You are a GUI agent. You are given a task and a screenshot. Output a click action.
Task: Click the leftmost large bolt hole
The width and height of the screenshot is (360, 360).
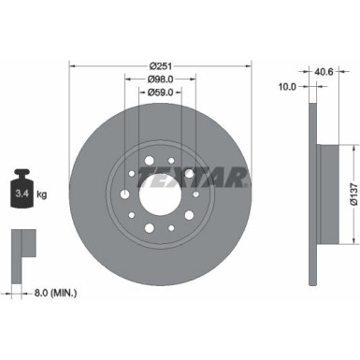point(124,195)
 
